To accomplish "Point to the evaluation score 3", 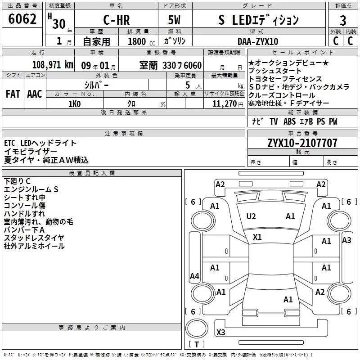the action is coord(343,20).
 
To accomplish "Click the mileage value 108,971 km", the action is coord(53,65).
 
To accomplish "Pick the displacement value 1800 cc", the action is coord(137,41).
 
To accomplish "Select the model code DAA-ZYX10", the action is coord(258,41).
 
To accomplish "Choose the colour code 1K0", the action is coord(74,104).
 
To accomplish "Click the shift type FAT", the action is coord(13,94).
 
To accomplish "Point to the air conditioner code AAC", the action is coord(34,94).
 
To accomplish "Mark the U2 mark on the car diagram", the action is coord(251,216).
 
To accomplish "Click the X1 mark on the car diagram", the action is coord(257,237).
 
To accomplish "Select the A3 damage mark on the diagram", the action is coord(346,240).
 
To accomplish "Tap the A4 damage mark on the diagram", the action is coord(194,276).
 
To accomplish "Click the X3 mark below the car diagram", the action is coord(221,333).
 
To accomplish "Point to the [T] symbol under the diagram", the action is coord(196,344).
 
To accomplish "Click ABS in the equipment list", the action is coord(289,121).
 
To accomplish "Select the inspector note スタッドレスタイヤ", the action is coord(34,238).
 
